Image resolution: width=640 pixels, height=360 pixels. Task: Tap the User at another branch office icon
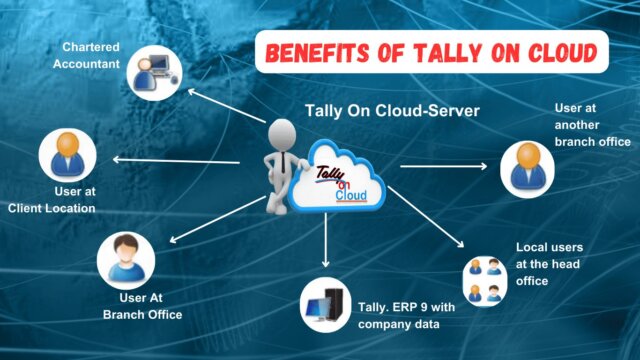528,167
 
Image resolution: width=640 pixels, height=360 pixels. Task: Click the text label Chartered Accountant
92,55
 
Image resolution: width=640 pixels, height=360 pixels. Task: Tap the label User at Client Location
54,199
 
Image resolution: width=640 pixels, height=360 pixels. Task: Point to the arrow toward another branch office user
439,164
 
